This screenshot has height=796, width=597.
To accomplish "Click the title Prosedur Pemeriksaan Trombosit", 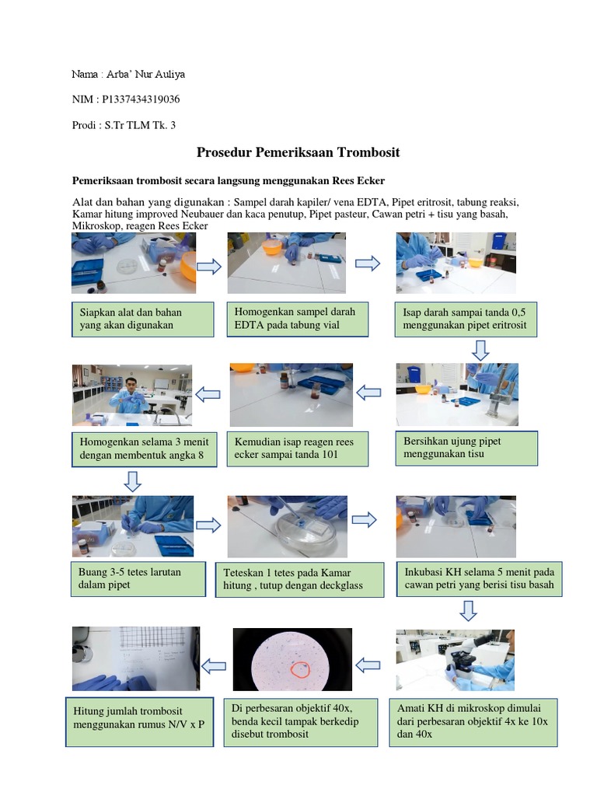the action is coord(298,152).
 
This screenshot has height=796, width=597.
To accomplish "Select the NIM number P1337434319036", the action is coord(141,99).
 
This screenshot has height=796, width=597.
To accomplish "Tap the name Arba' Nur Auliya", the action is coord(145,74).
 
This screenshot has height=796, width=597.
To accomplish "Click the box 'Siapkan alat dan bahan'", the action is coord(143,319).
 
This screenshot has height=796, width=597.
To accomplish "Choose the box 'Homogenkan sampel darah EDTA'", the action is coord(298,319).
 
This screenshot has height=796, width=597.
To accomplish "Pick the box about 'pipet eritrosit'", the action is coord(466,319).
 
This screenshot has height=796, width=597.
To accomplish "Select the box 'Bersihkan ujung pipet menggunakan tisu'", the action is coord(466,449).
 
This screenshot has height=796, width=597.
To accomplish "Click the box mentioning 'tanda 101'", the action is coord(298,449).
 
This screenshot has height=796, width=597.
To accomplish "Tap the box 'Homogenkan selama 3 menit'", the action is coord(144,449).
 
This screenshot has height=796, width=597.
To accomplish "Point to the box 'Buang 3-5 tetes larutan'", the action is coord(138,578).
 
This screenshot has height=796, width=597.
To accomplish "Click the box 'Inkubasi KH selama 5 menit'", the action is coord(479,578).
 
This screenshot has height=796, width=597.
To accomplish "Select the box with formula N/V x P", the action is coord(140,722).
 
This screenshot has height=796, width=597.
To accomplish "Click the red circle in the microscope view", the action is coord(300,670).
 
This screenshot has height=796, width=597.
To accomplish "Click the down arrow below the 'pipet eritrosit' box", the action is coord(480,351).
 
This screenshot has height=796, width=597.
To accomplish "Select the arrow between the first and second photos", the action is coord(209,266).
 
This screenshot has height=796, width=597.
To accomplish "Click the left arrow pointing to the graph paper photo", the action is coord(214,666).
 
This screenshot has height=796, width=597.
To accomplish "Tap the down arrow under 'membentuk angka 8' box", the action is coord(132,481).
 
